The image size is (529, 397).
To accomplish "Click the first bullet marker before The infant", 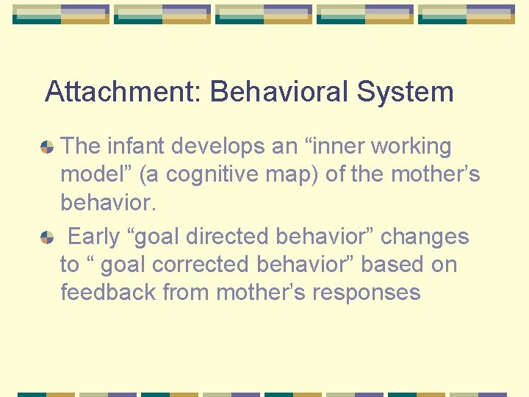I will pos(46,147).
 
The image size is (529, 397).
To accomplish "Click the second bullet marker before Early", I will pos(46,237).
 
